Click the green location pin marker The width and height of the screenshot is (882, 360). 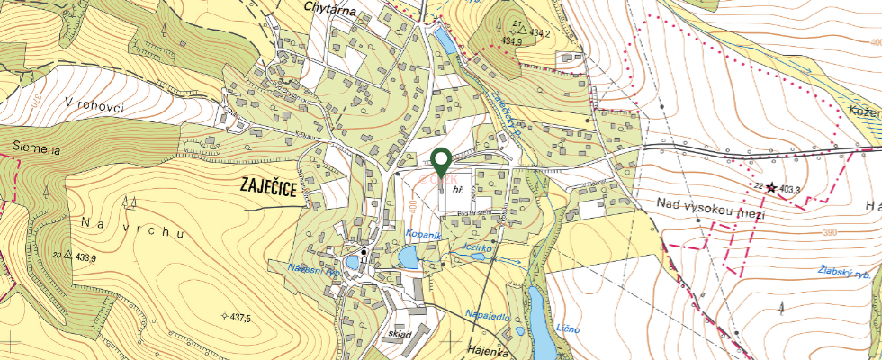pos(441,163)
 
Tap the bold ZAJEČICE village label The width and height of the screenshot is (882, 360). pos(269,186)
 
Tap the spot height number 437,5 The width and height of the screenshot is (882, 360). pos(239,318)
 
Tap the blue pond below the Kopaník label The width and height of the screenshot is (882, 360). pos(408,260)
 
